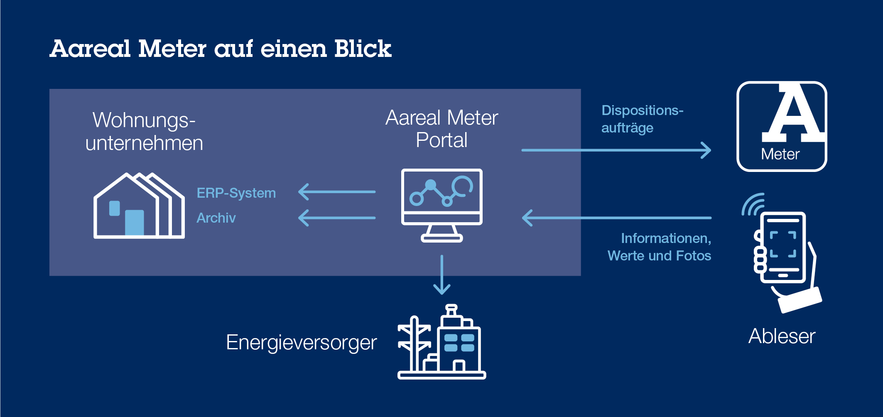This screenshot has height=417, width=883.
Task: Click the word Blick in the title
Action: (363, 49)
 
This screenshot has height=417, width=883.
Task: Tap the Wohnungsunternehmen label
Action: (144, 131)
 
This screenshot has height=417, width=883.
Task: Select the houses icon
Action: (139, 206)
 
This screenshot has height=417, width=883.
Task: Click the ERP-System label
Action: (236, 193)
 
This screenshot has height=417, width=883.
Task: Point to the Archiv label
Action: (216, 218)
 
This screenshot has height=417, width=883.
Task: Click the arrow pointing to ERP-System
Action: (336, 192)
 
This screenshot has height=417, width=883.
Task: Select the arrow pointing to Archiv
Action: (336, 218)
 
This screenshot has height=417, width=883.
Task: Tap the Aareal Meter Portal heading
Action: (441, 129)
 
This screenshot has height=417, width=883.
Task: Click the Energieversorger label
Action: (301, 343)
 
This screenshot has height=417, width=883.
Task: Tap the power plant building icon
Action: (442, 342)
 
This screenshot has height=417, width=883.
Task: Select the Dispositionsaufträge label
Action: (642, 119)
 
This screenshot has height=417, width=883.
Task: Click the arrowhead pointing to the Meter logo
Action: (706, 150)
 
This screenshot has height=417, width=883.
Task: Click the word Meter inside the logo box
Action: (780, 154)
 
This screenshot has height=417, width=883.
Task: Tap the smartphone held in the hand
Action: (783, 248)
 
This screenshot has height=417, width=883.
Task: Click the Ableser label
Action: (782, 336)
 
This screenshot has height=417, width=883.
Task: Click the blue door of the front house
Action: (134, 223)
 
